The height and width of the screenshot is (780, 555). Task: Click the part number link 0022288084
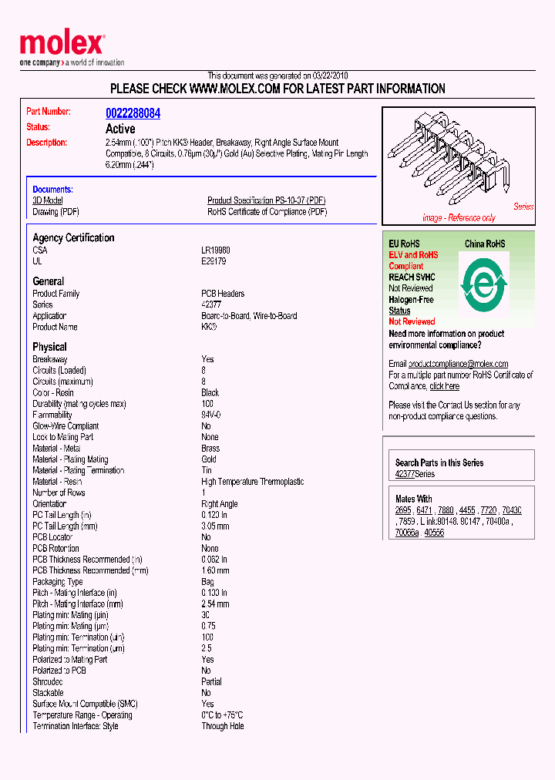(x=133, y=113)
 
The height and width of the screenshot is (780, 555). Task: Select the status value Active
(x=120, y=129)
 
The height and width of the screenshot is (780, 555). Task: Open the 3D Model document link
(x=47, y=200)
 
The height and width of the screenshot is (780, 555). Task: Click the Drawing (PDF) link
(x=55, y=212)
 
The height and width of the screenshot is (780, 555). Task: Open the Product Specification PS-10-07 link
(x=266, y=200)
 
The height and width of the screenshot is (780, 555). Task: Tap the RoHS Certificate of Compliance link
(x=267, y=212)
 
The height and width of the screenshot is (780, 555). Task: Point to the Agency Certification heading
(x=73, y=238)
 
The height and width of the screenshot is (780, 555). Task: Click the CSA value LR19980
(x=216, y=250)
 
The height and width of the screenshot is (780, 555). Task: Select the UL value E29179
(x=214, y=261)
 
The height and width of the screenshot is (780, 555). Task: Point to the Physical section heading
(x=49, y=347)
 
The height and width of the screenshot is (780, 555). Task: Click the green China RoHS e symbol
(x=483, y=285)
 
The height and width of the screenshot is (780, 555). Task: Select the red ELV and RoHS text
(x=413, y=255)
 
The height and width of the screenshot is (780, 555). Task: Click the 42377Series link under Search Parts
(x=415, y=474)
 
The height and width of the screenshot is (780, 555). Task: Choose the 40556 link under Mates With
(x=434, y=533)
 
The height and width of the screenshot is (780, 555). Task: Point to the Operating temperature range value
(x=222, y=715)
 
